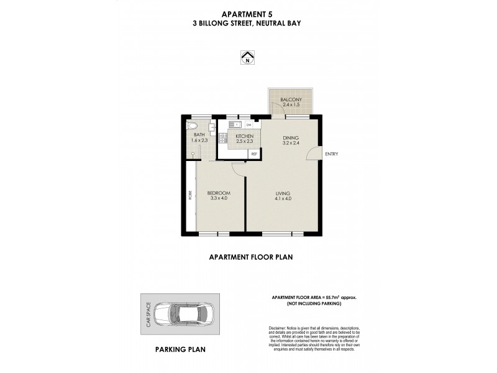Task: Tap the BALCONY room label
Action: tap(291, 100)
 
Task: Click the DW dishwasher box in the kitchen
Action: tap(248, 124)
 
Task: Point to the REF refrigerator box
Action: tap(253, 152)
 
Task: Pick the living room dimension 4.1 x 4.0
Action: tap(283, 198)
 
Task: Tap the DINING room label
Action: tap(291, 138)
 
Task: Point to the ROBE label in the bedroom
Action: tap(190, 195)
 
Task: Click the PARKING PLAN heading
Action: tap(180, 349)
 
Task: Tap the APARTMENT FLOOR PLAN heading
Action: tap(250, 256)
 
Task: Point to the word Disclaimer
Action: tap(280, 328)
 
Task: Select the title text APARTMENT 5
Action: tap(248, 14)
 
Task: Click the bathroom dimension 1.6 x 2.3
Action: tap(199, 140)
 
